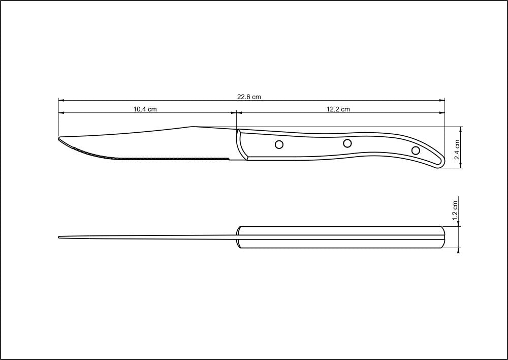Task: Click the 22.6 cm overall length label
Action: [249, 97]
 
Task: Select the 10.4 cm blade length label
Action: [145, 109]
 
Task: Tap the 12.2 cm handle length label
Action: [338, 109]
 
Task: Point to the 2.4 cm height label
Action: [457, 149]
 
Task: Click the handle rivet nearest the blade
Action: [279, 145]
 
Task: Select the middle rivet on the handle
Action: [347, 143]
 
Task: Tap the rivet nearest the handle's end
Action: [416, 150]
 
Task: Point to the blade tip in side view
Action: [59, 138]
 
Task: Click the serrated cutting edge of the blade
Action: [152, 157]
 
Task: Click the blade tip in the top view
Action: [59, 237]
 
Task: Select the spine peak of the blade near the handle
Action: [192, 127]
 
